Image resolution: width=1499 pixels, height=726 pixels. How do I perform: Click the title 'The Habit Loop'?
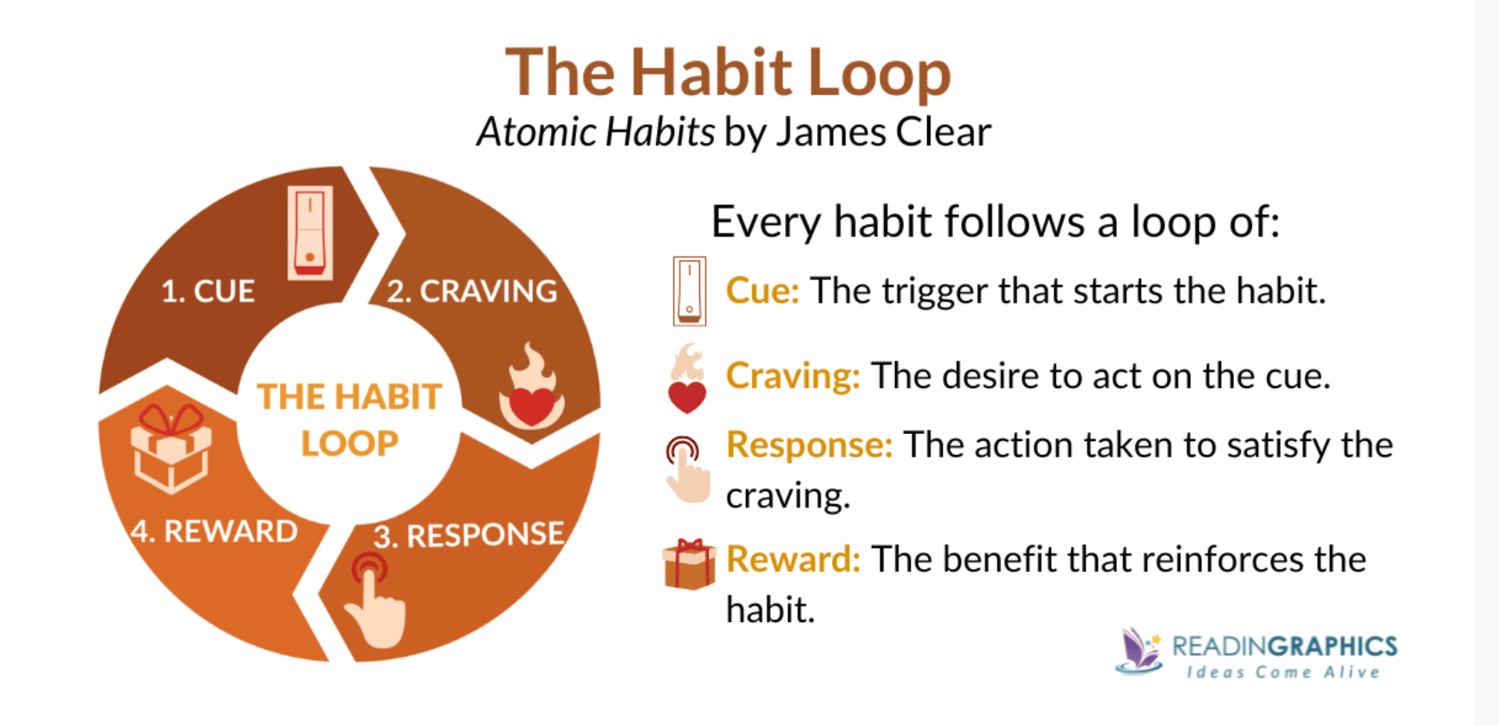[728, 73]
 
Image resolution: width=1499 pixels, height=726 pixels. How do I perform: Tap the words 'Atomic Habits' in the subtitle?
[596, 133]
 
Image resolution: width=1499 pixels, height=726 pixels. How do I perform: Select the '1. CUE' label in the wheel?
[208, 291]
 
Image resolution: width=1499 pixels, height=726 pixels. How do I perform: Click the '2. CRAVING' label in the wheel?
[471, 291]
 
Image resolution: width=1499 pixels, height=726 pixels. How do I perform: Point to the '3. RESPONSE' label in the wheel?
[469, 535]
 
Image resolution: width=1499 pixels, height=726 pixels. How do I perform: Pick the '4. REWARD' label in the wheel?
[214, 531]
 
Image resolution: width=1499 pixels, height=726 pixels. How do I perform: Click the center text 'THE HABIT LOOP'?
[349, 420]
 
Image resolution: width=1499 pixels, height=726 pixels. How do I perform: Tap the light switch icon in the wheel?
[310, 232]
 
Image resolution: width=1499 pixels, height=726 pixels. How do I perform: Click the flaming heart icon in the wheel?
[531, 387]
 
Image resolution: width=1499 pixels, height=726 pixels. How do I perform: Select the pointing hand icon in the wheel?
[375, 600]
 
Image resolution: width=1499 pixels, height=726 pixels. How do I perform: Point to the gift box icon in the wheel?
[171, 448]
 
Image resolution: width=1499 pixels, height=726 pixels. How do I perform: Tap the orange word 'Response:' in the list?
[809, 445]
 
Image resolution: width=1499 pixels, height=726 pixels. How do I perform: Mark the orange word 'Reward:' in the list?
[793, 560]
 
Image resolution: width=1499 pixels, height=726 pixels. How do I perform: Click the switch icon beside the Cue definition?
[690, 291]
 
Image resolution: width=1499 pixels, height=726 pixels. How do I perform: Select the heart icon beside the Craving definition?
[687, 379]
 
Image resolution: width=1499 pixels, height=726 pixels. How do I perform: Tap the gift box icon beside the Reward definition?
[690, 564]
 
